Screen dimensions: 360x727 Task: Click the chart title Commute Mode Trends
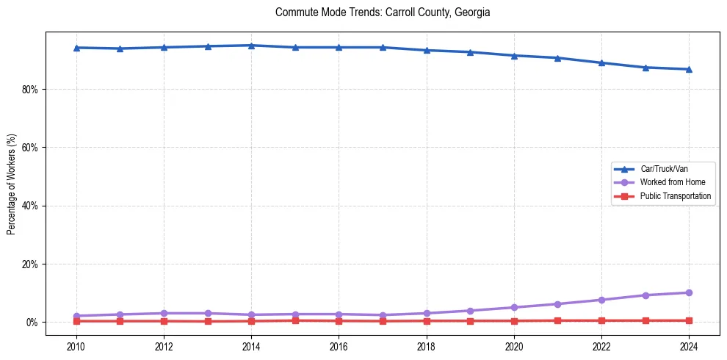[383, 12]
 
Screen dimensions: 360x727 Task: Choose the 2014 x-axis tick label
[251, 345]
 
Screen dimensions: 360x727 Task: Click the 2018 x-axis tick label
[427, 345]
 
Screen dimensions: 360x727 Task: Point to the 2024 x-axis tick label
[689, 345]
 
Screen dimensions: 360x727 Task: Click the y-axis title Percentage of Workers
[12, 184]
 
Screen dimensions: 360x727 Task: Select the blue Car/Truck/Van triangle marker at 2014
[251, 46]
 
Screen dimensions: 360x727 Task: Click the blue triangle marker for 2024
[689, 69]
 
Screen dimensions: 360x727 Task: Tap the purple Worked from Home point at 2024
[689, 292]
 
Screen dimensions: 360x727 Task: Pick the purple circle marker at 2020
[514, 307]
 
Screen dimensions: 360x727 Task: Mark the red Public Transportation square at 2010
[76, 321]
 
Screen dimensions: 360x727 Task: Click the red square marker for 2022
[601, 320]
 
